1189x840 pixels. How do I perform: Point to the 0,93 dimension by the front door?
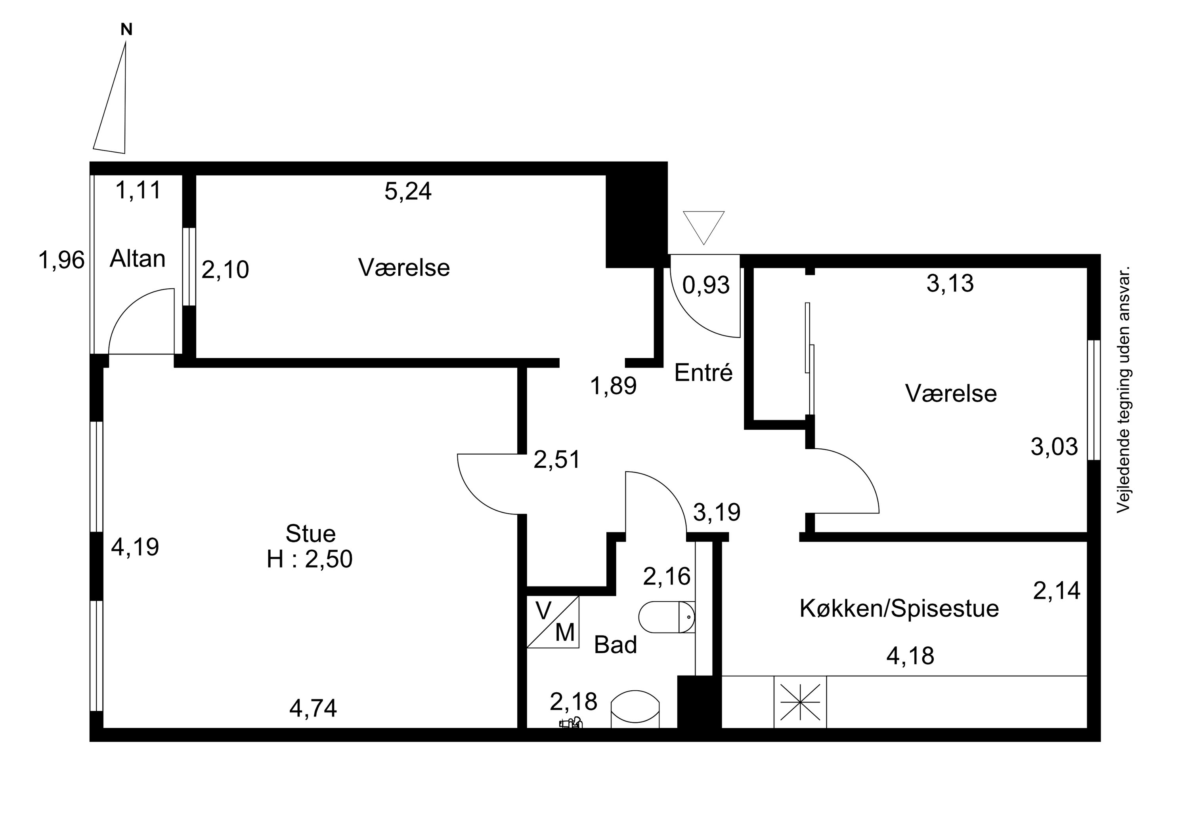pos(706,285)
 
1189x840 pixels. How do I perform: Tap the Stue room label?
pos(311,533)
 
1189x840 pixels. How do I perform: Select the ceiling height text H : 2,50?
pos(310,559)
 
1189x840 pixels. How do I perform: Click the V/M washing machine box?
pos(552,622)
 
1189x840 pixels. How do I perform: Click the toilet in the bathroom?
pos(667,617)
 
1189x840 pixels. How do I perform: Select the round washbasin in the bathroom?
pos(635,709)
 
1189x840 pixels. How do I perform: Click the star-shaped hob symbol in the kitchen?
pos(800,702)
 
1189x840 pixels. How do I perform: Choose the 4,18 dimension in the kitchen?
pos(910,656)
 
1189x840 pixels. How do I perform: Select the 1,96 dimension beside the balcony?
pos(61,260)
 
